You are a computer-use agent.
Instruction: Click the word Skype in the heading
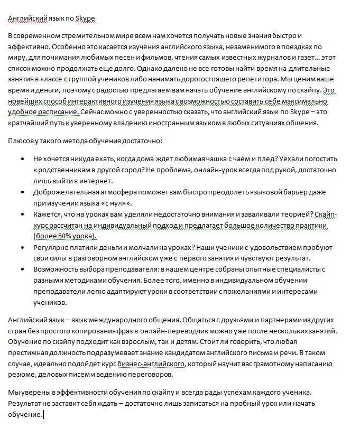[x=85, y=18]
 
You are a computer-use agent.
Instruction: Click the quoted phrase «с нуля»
[x=113, y=202]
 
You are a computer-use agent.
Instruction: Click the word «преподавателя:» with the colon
[x=126, y=269]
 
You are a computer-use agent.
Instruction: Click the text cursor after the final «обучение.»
[x=43, y=415]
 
